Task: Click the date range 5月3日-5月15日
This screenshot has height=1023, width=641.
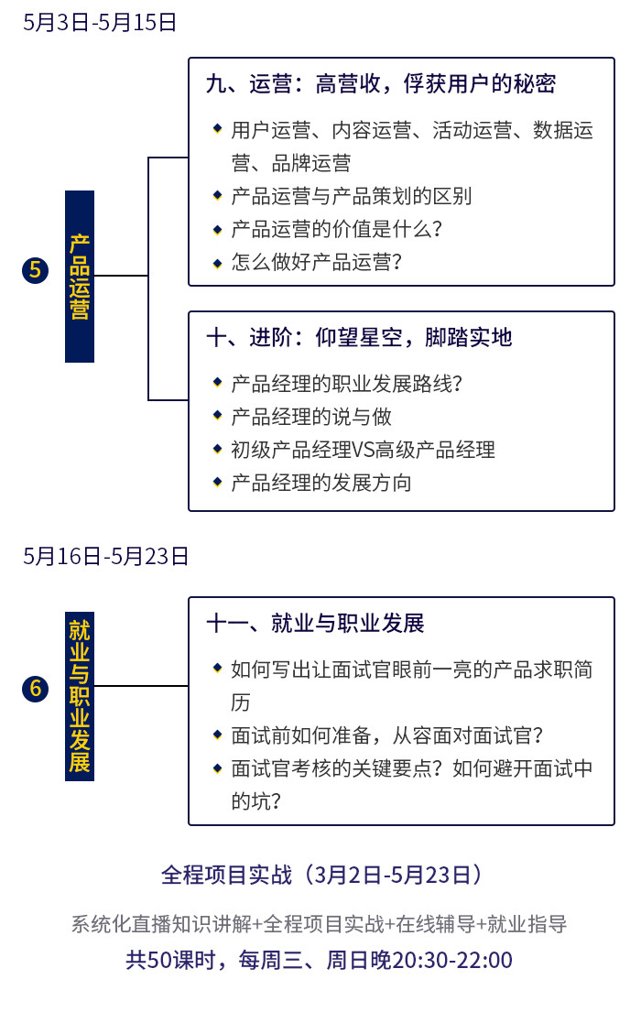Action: (x=100, y=22)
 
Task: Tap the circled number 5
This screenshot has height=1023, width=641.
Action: (x=35, y=270)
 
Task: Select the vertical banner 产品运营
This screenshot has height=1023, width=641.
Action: (x=80, y=276)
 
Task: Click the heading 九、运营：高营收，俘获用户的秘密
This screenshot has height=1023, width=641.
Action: (x=381, y=83)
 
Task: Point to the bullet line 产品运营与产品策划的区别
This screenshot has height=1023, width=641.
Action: (x=351, y=196)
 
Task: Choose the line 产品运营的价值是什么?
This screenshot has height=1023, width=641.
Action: (x=336, y=229)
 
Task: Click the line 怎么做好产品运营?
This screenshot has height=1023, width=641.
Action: (x=316, y=262)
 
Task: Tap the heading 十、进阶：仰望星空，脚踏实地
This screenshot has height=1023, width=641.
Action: (x=359, y=337)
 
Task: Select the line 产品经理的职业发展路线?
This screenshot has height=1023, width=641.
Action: (x=347, y=384)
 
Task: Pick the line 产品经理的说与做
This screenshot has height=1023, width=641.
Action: (x=311, y=416)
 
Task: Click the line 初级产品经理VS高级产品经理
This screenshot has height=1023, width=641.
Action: (x=364, y=450)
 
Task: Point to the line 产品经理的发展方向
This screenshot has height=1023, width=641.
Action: (x=320, y=483)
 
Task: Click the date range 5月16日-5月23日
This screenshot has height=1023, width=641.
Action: (x=105, y=556)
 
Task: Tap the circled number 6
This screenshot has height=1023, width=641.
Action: (x=35, y=689)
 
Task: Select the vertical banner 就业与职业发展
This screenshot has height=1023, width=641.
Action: (x=80, y=696)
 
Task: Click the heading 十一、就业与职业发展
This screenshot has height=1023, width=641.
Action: (x=316, y=623)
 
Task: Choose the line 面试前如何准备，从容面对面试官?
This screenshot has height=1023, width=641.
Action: (x=387, y=735)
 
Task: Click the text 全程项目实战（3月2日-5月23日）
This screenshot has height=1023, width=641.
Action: (x=321, y=875)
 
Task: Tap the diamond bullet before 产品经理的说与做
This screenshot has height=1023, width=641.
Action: (x=218, y=415)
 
